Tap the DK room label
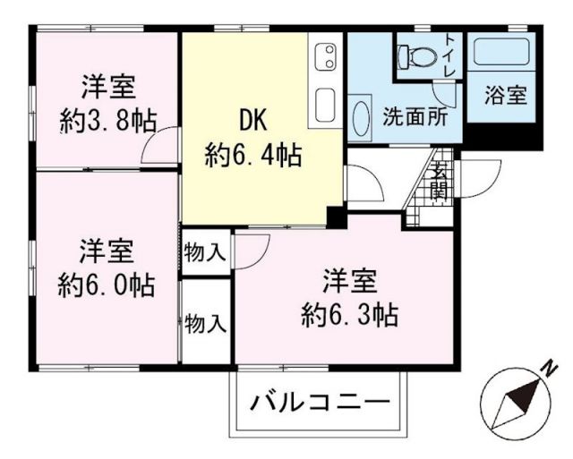pos(253,119)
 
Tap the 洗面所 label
pos(408,116)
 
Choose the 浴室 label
pos(506,95)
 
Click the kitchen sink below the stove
pos(327,102)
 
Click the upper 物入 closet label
pos(206,252)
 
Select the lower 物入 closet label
pos(206,324)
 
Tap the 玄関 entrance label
pos(440,183)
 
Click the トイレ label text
pos(449,55)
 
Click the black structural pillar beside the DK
pos(336,216)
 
